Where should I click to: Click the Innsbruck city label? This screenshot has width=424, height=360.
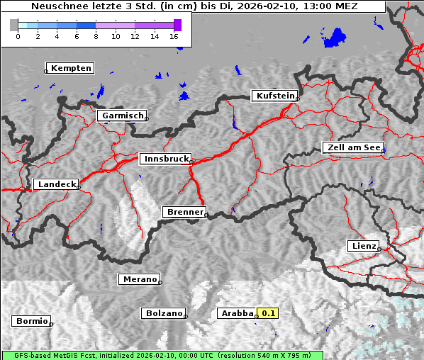[164, 159]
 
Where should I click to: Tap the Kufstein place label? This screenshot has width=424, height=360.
[274, 96]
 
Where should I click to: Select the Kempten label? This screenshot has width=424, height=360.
[69, 68]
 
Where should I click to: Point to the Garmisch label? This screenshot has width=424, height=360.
[121, 116]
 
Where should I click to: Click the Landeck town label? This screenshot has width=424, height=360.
[55, 184]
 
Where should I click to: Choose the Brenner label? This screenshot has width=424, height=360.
[184, 212]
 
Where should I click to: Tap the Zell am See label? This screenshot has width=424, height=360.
[353, 147]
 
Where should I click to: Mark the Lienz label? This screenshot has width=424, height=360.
[363, 246]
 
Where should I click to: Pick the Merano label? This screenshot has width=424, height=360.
[139, 279]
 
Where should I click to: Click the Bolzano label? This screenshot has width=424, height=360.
[164, 313]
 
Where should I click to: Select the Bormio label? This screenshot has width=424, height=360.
[31, 321]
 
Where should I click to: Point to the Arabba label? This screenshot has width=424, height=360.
[236, 313]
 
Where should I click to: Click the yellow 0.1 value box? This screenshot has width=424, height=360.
[268, 313]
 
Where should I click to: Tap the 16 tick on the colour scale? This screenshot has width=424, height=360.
[174, 36]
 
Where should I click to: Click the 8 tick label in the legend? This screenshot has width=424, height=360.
[96, 36]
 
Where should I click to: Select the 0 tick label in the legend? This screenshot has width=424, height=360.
[18, 36]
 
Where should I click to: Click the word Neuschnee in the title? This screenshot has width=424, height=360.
[57, 6]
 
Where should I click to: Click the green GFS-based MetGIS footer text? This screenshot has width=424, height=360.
[162, 355]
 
